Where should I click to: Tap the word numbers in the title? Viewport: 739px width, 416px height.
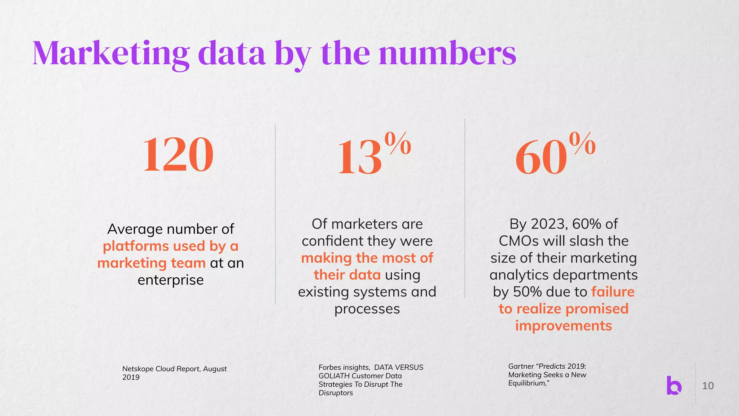[x=447, y=54]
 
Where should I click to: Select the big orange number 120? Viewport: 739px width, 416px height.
[x=178, y=155]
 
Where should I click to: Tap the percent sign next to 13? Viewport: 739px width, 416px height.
[x=398, y=144]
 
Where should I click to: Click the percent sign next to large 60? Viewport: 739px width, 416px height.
[x=582, y=144]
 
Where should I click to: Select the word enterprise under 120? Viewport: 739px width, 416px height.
[x=171, y=280]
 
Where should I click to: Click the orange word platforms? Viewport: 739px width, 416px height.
[x=136, y=246]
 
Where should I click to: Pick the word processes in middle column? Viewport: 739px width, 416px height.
[x=367, y=309]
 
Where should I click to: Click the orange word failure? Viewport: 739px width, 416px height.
[x=612, y=292]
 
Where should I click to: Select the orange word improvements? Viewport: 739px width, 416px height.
[x=563, y=326]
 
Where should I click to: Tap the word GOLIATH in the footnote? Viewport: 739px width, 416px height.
[x=334, y=376]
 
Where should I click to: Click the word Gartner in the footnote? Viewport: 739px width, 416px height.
[x=521, y=367]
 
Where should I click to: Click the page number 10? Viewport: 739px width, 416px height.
[x=708, y=386]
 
